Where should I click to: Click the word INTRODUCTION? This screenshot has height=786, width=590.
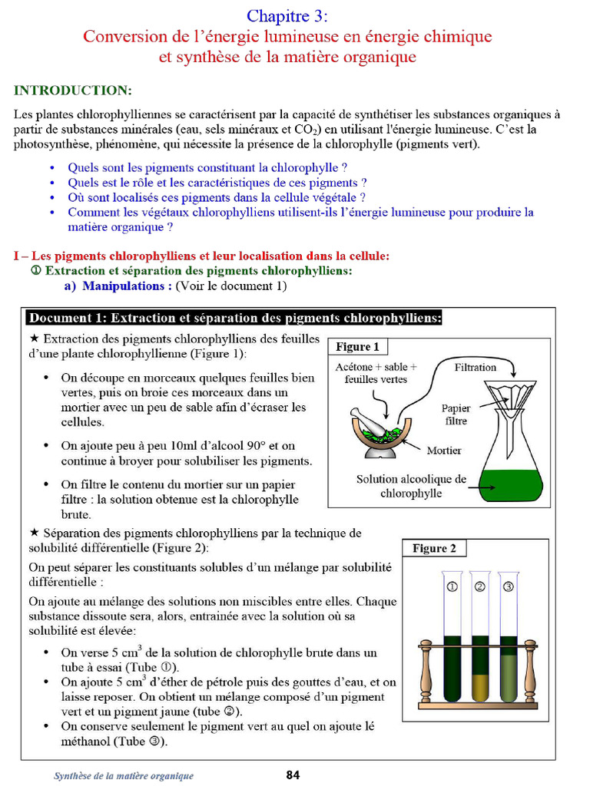(x=73, y=91)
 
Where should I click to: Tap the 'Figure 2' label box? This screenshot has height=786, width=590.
(x=434, y=548)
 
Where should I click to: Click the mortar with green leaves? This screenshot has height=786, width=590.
(x=381, y=434)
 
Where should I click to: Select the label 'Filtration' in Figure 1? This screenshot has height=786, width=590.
(x=475, y=368)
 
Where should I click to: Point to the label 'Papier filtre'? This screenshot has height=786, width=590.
(x=456, y=414)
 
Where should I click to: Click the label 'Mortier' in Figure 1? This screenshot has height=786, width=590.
(x=444, y=451)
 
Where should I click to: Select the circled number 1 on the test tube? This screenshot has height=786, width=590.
(x=452, y=587)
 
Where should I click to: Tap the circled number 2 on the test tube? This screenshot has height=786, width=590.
(x=480, y=587)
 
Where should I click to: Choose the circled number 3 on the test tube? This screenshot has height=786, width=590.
(x=508, y=587)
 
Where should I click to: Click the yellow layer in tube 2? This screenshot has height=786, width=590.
(x=480, y=687)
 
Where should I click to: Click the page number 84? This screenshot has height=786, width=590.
(x=293, y=774)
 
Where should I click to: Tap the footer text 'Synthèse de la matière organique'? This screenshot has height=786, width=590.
(x=124, y=776)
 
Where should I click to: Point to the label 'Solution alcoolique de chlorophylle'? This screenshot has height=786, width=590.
(x=411, y=486)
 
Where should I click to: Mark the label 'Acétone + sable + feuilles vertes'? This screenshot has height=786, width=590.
(x=376, y=373)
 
